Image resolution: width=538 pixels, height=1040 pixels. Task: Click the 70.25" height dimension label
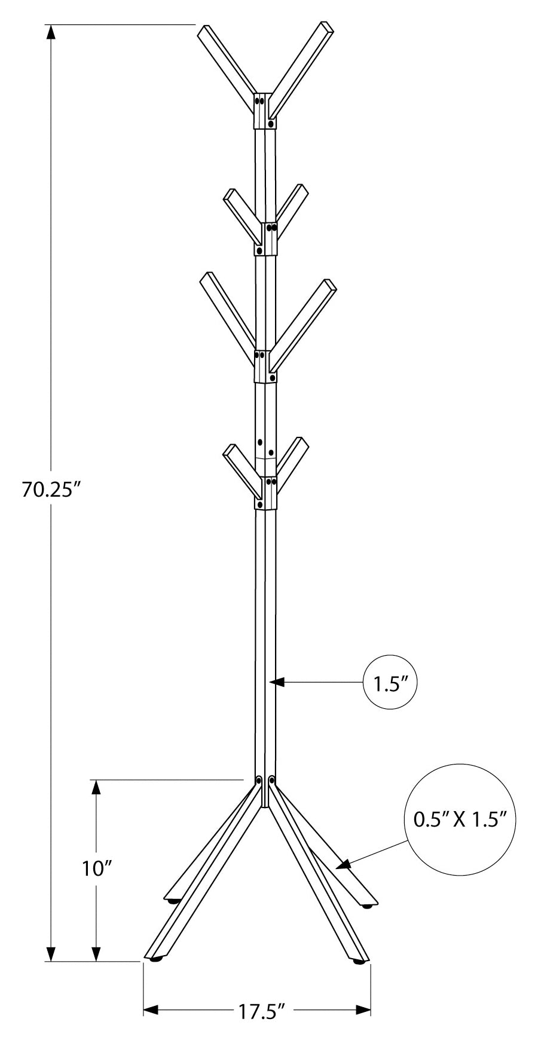pyautogui.click(x=51, y=490)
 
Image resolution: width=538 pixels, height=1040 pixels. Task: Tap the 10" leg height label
pyautogui.click(x=97, y=868)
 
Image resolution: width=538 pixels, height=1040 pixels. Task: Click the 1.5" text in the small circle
pyautogui.click(x=390, y=683)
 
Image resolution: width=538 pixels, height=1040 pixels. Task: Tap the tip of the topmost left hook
pyautogui.click(x=203, y=32)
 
